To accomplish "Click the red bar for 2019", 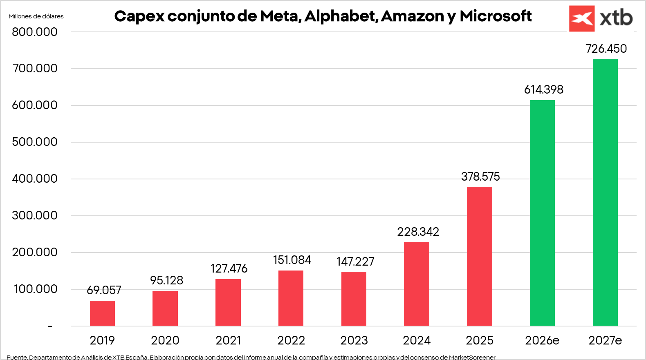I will click(x=102, y=313).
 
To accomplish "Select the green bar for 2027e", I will click(x=605, y=192).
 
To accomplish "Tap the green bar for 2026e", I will click(x=542, y=212).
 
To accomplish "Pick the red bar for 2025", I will click(x=479, y=256).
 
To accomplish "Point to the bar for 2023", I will click(x=354, y=298).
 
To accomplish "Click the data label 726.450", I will click(x=606, y=49).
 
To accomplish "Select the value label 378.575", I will click(x=480, y=177).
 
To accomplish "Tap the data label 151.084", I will click(x=292, y=260).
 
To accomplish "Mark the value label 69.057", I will click(x=104, y=290).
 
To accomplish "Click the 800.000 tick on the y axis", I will click(x=35, y=32).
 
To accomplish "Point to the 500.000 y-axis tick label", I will click(x=35, y=142).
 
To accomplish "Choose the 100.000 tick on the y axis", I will click(x=36, y=289).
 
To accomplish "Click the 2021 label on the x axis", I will click(x=228, y=340).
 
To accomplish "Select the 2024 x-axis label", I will click(x=417, y=340).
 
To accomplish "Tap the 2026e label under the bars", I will click(x=542, y=340).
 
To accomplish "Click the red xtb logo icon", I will click(x=581, y=19).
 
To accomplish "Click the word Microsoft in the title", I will click(x=496, y=16).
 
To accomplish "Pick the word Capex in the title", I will click(x=139, y=16).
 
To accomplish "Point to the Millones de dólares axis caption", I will click(x=36, y=16).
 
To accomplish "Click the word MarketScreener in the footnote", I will click(x=472, y=357).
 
